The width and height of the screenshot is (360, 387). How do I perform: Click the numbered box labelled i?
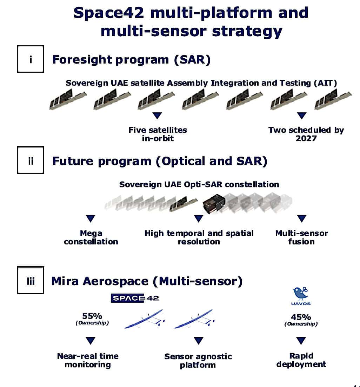(x=31, y=59)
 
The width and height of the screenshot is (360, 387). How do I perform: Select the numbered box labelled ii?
(x=31, y=160)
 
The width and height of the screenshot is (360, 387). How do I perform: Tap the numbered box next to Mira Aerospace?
(x=31, y=281)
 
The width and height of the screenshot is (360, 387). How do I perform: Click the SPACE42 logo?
(x=135, y=298)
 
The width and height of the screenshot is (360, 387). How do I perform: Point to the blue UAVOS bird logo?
(x=301, y=293)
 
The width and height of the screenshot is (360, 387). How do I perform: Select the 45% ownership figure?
(x=301, y=317)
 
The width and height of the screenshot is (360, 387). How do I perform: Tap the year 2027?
(x=306, y=138)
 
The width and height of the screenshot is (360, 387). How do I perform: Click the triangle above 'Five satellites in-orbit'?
(x=158, y=115)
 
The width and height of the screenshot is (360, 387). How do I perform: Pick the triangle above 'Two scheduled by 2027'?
(x=301, y=115)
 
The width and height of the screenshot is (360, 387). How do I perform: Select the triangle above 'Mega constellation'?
(x=91, y=219)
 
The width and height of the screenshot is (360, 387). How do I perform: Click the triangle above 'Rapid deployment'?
(x=301, y=340)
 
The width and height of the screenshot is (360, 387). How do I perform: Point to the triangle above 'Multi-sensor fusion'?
(x=301, y=219)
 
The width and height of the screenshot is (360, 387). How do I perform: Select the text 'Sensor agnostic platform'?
(x=198, y=361)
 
